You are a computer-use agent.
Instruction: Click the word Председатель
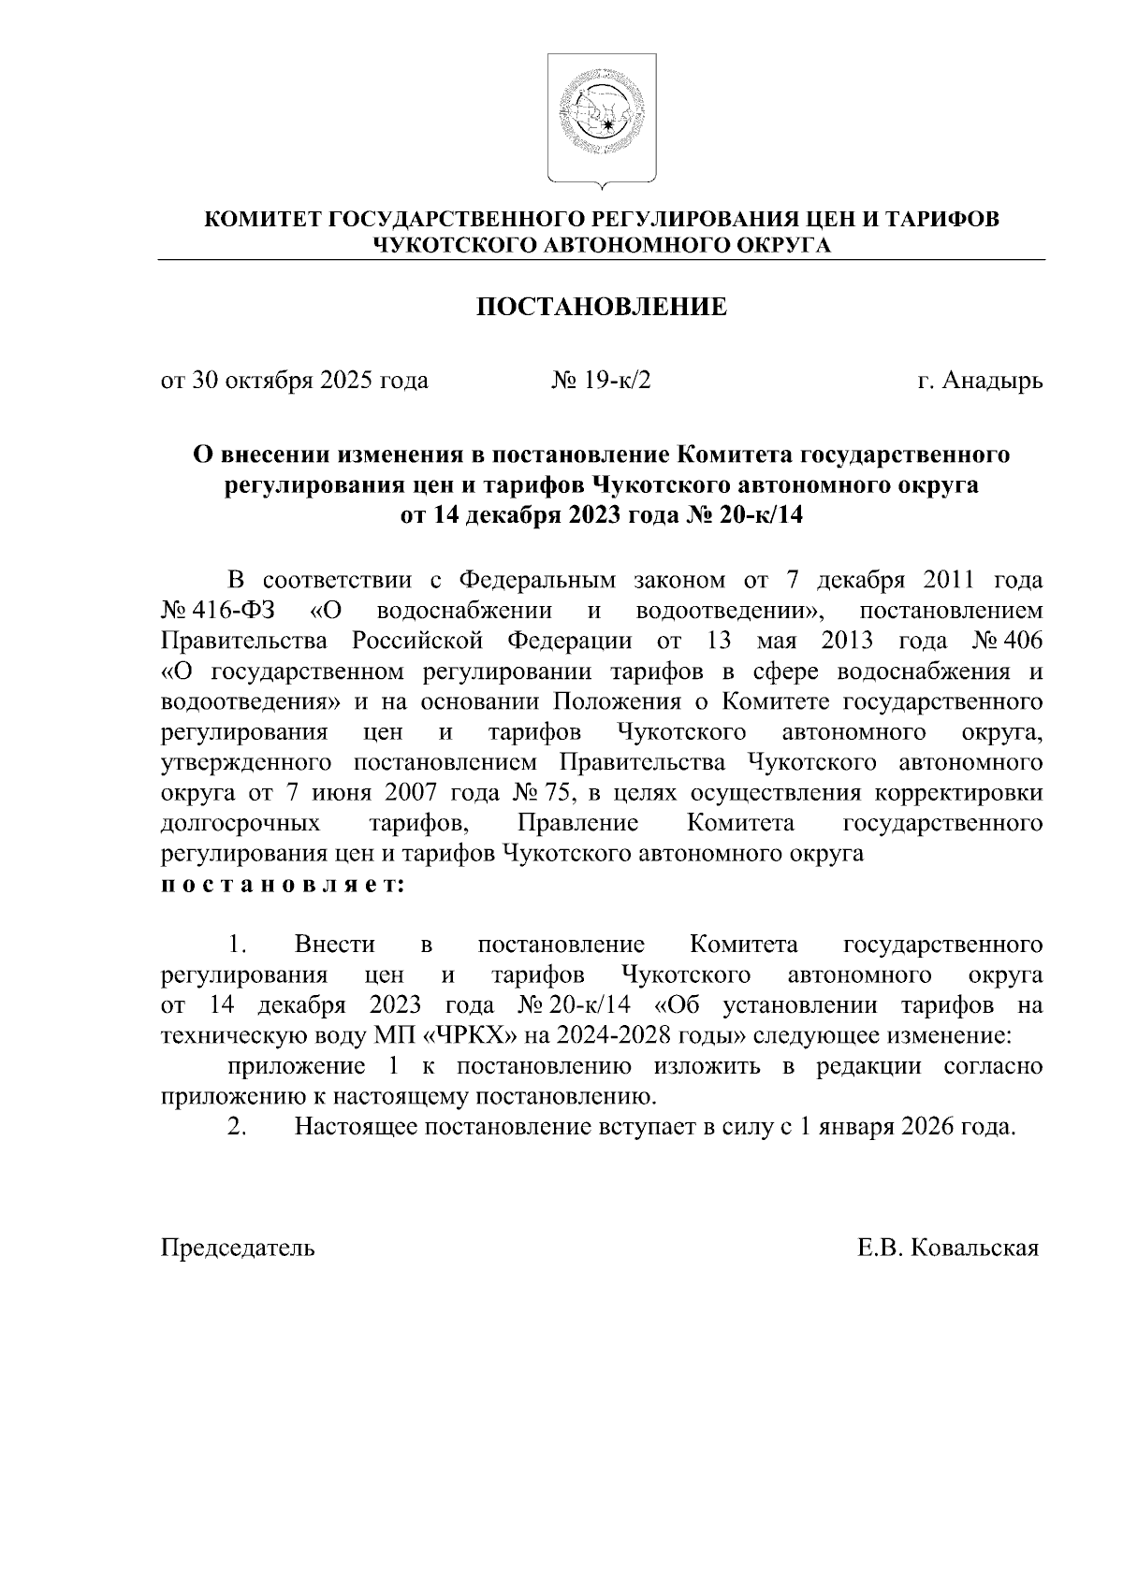click(239, 1248)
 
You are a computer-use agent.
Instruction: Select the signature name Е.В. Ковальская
click(947, 1248)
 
